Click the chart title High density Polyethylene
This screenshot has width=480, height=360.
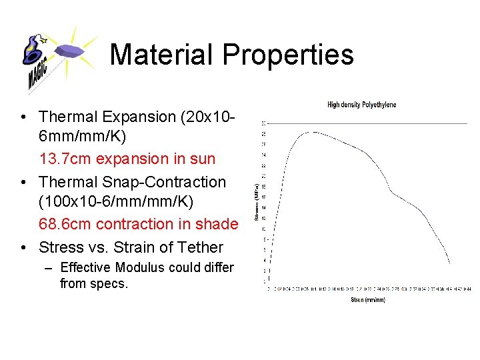pos(361,105)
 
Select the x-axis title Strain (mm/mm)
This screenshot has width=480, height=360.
pos(367,300)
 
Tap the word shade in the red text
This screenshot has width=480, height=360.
pos(217,224)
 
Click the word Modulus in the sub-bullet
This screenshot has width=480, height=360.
pos(139,268)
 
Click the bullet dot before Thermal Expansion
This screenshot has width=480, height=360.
pos(23,117)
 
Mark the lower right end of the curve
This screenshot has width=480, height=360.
pos(450,262)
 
